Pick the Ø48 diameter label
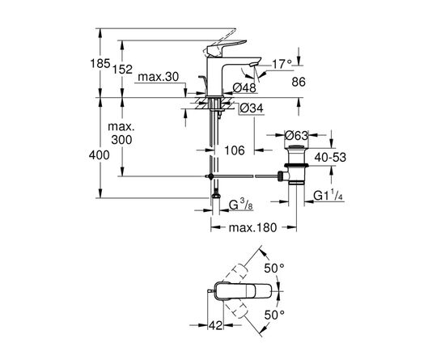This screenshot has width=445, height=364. click(246, 89)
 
